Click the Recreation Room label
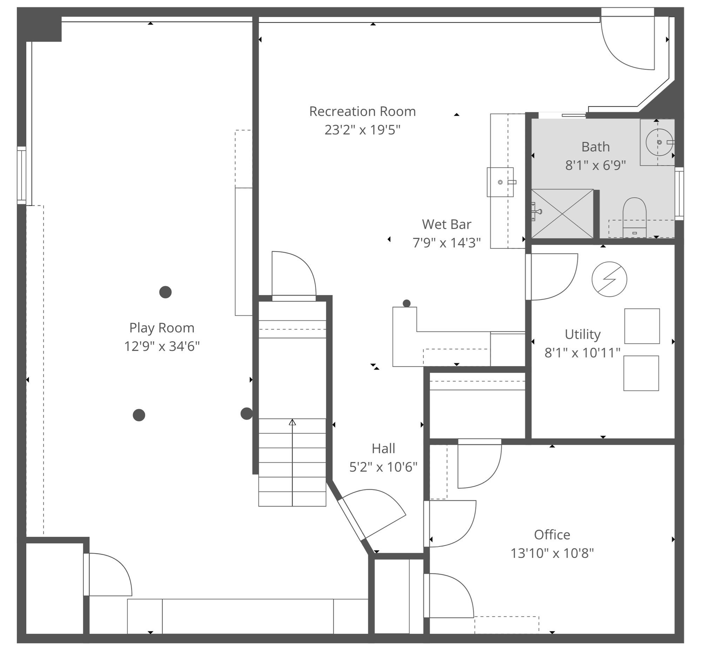tap(362, 111)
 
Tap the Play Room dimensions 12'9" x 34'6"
tap(162, 346)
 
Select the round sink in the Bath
tap(659, 142)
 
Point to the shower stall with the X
tap(562, 214)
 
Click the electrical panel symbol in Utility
tap(609, 279)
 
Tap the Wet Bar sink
tap(500, 182)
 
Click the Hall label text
tap(383, 449)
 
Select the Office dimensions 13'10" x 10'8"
tap(552, 553)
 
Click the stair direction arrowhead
tap(292, 422)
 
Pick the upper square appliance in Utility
tap(642, 326)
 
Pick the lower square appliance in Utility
tap(641, 373)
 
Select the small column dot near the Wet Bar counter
tap(406, 303)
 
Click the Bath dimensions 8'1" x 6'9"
tap(595, 166)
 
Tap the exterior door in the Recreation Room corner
tap(627, 42)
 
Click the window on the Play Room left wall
tap(22, 175)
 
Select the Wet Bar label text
tap(446, 224)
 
